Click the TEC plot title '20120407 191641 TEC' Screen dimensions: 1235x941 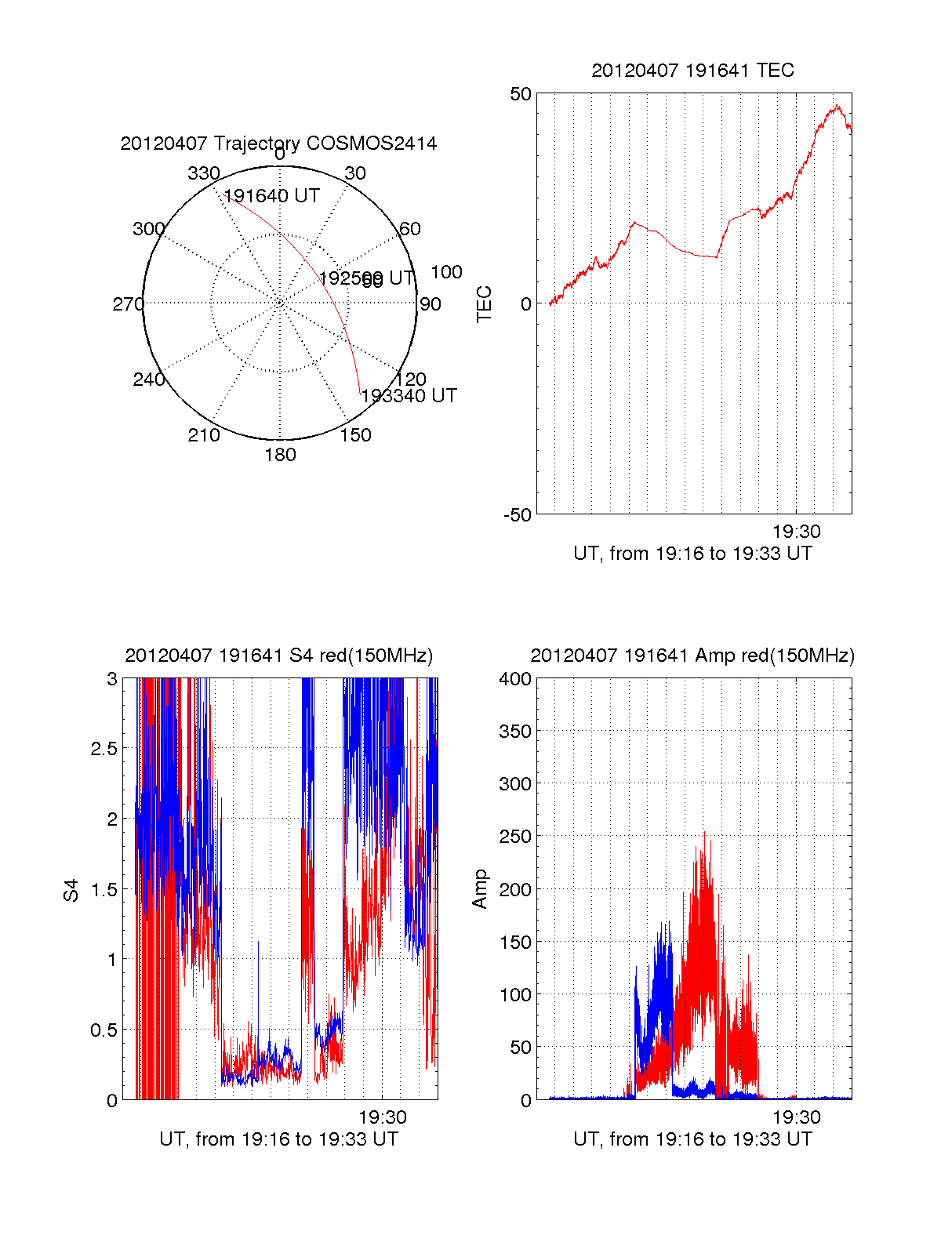tap(692, 71)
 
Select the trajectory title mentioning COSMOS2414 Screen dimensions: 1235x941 tap(278, 143)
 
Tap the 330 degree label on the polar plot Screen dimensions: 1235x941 tap(203, 173)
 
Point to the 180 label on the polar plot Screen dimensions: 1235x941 tap(280, 455)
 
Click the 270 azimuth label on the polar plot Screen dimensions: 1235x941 tap(128, 304)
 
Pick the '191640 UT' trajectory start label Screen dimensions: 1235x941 tap(272, 196)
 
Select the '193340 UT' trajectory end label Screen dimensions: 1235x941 tap(409, 396)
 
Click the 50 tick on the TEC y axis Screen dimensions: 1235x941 tap(521, 94)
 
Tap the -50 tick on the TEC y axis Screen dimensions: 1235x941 tap(518, 515)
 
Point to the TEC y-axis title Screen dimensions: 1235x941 tap(485, 303)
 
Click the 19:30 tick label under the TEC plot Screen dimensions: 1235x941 tap(796, 532)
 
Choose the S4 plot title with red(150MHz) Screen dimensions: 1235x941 tap(278, 656)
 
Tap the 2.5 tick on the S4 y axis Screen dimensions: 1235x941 tap(104, 749)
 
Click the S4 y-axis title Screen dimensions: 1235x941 tap(71, 890)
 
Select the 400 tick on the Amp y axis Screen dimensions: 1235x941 tap(515, 679)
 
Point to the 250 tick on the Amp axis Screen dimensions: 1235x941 tap(515, 837)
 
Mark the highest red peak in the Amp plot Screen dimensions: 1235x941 tap(703, 833)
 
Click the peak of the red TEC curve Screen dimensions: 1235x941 tap(837, 106)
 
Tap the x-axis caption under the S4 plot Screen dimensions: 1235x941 tap(278, 1139)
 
